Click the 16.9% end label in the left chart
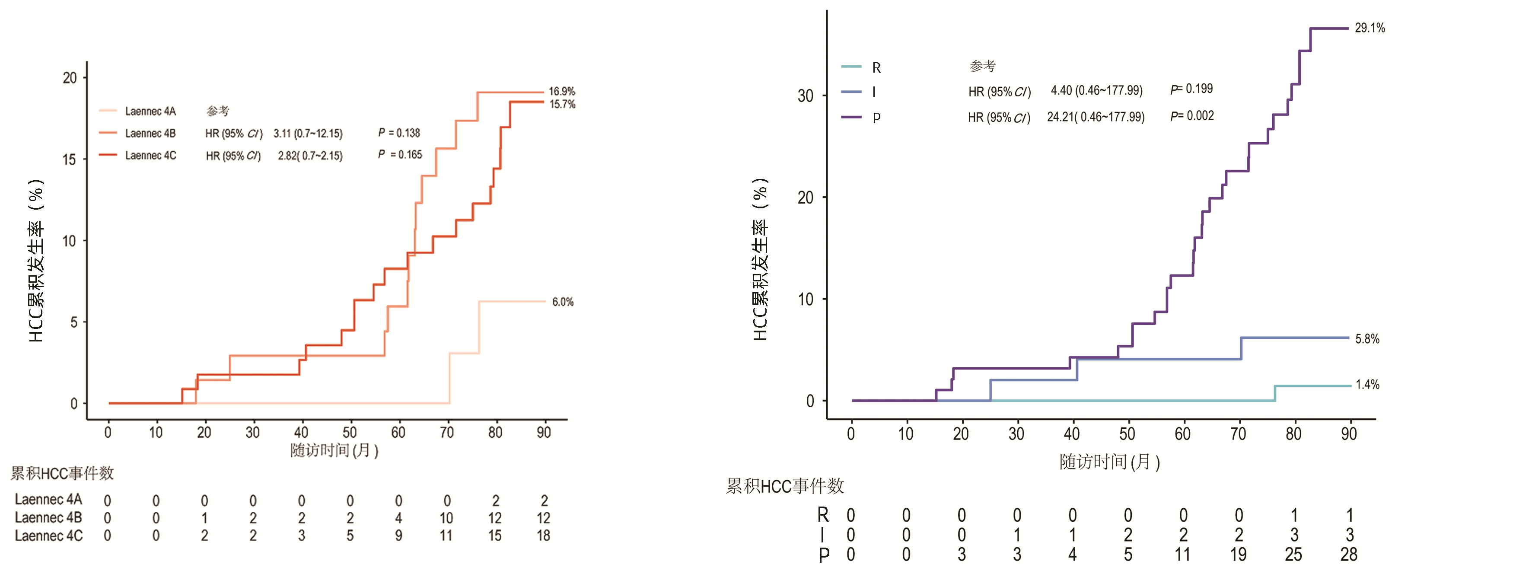pos(561,91)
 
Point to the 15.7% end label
pos(562,104)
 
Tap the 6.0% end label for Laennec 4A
pos(563,302)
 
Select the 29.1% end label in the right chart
pos(1369,28)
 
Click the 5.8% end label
pos(1366,338)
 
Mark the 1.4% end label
pos(1367,385)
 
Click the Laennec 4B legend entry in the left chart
pos(150,134)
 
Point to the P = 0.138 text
pos(399,133)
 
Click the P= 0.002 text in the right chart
pos(1192,116)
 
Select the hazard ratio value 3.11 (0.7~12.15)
pos(308,134)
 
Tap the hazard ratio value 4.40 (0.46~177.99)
pos(1096,91)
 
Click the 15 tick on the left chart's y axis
pos(70,159)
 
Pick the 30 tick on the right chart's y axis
pos(805,96)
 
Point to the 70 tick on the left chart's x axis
pos(447,433)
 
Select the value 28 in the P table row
pos(1348,555)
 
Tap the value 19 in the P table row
pos(1238,555)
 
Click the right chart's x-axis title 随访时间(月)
pos(1109,462)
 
